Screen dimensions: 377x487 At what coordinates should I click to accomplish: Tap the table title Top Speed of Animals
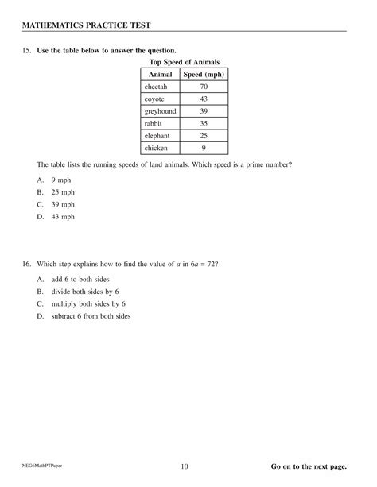click(x=184, y=62)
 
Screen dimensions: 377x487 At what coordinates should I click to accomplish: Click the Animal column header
click(x=161, y=74)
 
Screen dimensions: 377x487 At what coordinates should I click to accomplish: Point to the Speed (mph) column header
click(x=204, y=74)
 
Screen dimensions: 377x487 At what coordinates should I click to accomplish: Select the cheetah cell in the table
click(x=156, y=86)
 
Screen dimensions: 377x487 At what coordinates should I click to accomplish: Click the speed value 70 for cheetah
click(x=204, y=86)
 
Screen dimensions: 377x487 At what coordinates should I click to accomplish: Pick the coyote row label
click(x=154, y=99)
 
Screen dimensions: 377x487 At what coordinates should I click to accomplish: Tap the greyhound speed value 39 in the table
click(x=204, y=110)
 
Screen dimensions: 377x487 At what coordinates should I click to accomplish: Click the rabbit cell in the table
click(x=153, y=123)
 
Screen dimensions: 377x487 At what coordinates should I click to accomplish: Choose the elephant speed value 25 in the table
click(x=204, y=135)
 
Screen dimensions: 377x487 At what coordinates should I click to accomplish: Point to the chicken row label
click(x=155, y=148)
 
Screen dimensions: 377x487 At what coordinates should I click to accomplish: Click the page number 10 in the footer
click(x=185, y=466)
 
